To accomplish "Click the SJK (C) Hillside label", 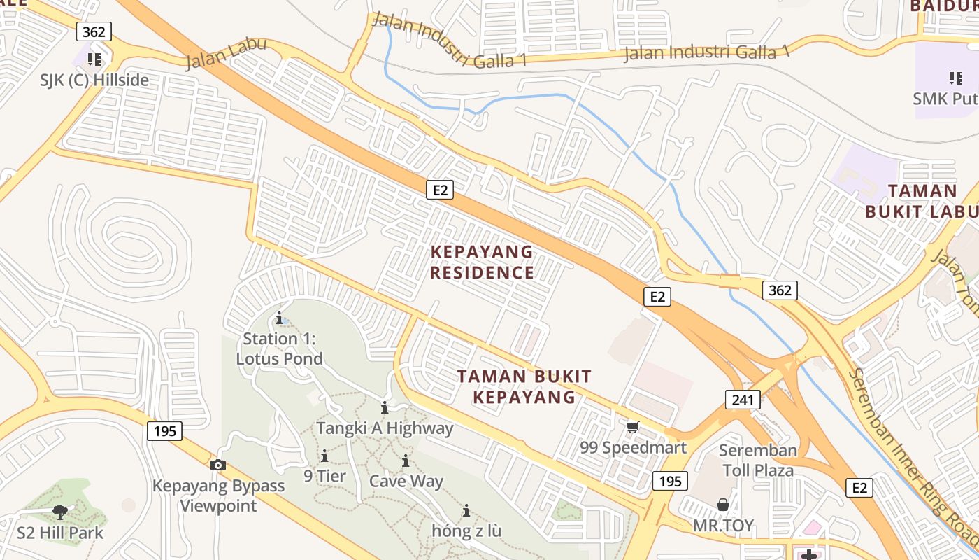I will coord(94,80).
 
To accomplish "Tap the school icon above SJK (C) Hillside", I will coord(94,59).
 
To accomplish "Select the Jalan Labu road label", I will coord(226,54).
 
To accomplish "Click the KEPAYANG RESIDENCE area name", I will coord(482,262).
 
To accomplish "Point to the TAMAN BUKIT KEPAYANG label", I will coord(524,386).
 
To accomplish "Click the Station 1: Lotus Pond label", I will coord(280,349).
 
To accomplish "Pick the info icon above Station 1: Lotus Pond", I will coord(279,318).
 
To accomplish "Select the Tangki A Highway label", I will coord(385,428).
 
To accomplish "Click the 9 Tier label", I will coord(324,476).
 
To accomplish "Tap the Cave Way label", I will coord(406,481).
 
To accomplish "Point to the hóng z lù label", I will coord(466,531).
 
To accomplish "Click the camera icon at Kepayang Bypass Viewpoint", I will coord(218,465).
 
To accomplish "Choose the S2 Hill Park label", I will coord(60,533).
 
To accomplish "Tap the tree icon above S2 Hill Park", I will coord(60,512).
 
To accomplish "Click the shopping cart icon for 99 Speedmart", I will coord(633,427).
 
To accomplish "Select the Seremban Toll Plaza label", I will coord(758,460).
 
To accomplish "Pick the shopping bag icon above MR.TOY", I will coord(723,505).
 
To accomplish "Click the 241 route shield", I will coord(742,400).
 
